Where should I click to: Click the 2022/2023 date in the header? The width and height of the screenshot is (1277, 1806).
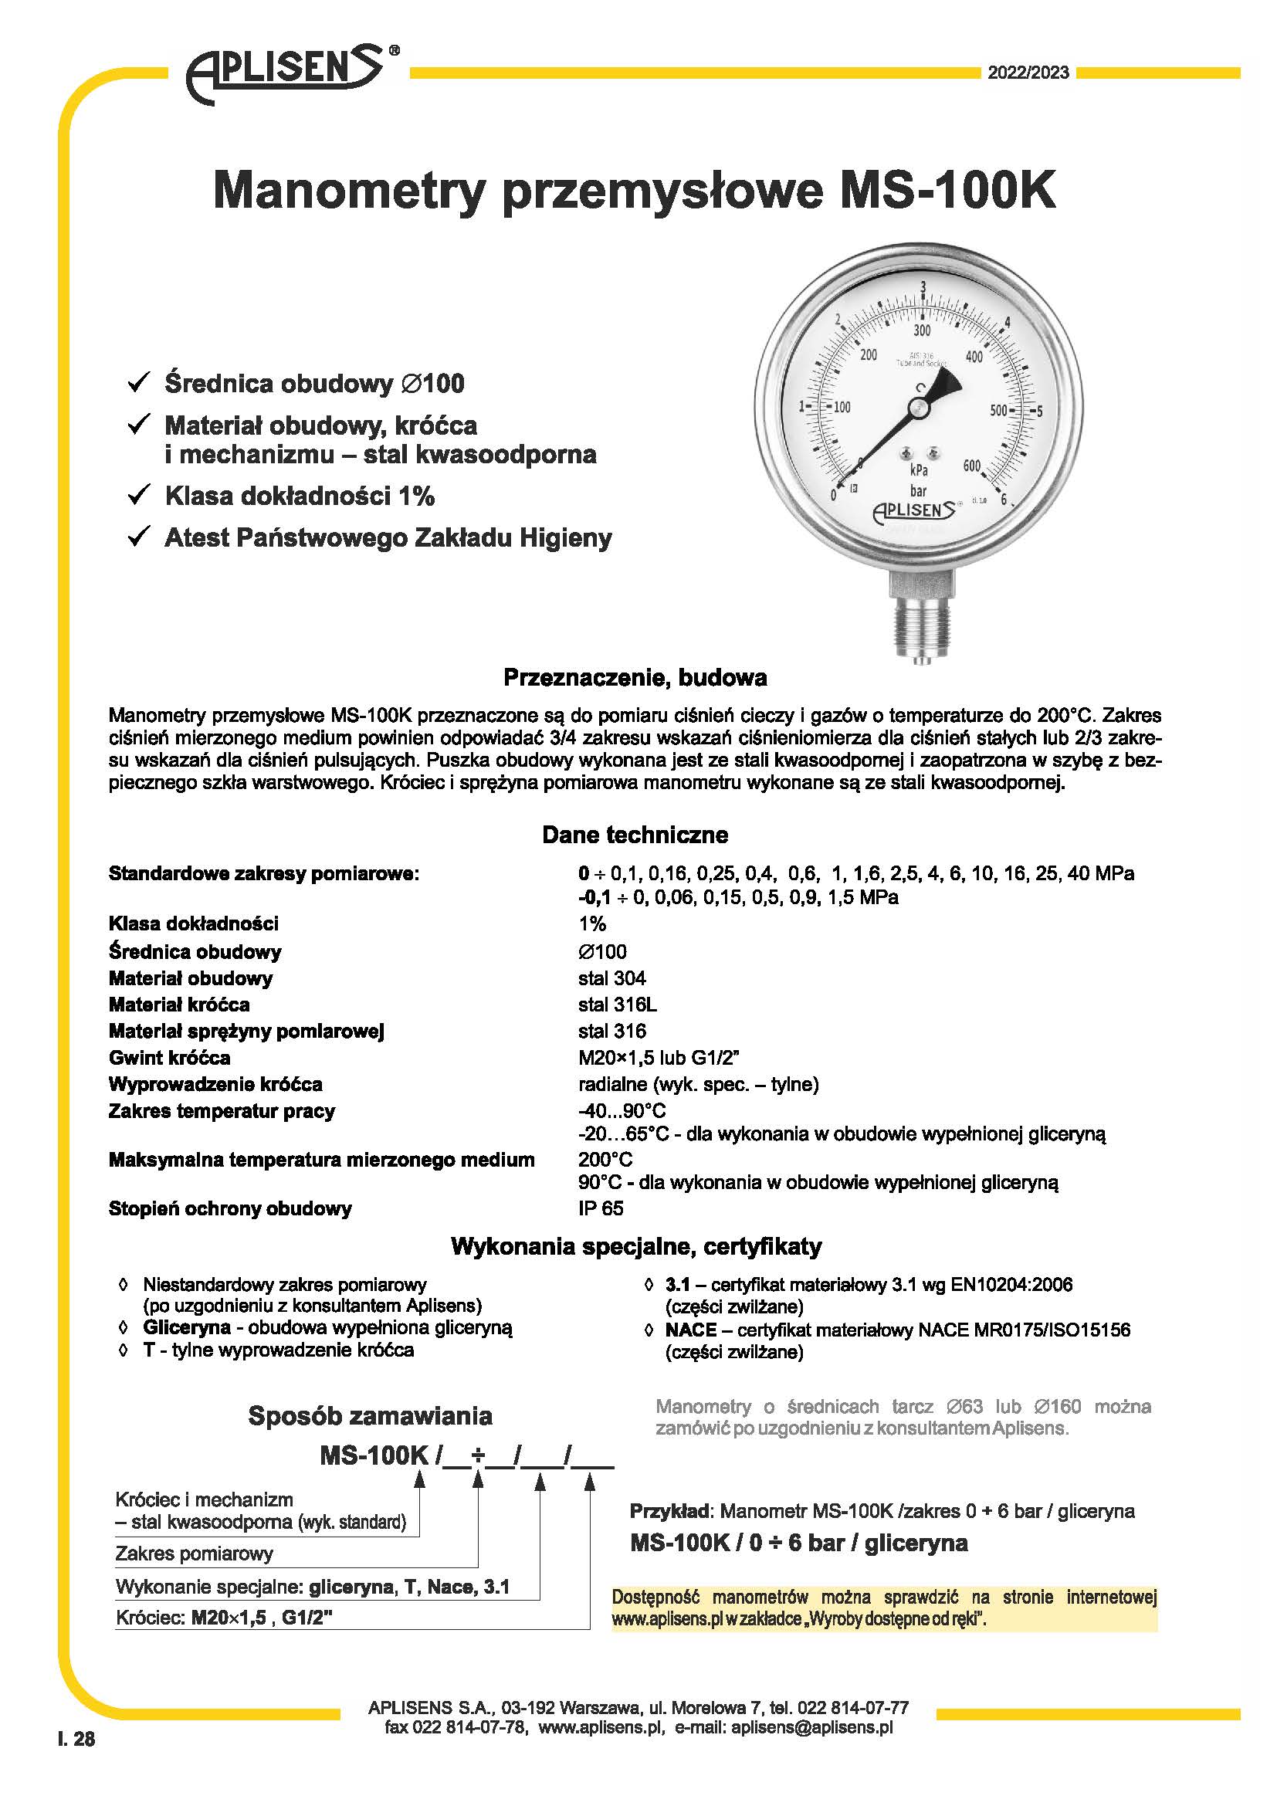[x=1028, y=73]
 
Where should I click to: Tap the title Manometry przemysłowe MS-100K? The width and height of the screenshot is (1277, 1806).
[x=634, y=191]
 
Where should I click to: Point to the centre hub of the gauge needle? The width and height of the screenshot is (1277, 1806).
[x=918, y=408]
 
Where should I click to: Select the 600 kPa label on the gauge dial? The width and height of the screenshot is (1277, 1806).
[x=972, y=466]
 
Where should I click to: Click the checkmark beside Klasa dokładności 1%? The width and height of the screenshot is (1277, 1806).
[x=139, y=495]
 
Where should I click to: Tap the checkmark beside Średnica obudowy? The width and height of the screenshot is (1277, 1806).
[x=139, y=382]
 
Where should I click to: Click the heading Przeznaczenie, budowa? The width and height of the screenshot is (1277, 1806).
[x=635, y=677]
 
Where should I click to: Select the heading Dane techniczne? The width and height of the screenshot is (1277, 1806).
[x=635, y=835]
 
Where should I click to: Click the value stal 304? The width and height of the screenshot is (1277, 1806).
[x=611, y=978]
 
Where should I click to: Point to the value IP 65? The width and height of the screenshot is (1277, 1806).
[x=601, y=1208]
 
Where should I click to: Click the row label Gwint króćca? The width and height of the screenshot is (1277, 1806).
[x=169, y=1057]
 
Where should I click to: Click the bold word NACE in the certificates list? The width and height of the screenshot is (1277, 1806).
[x=690, y=1330]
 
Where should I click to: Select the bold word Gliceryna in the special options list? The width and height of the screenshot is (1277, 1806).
[x=186, y=1328]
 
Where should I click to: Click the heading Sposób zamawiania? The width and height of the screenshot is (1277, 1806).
[x=370, y=1416]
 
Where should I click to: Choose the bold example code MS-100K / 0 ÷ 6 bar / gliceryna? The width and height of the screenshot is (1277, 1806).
[x=798, y=1543]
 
